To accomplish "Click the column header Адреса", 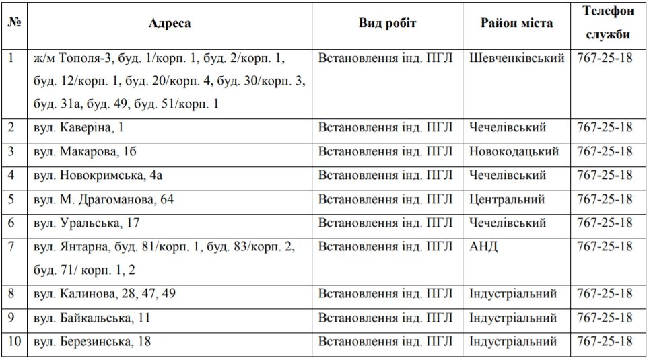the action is click(170, 23).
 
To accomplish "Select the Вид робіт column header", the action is click(387, 23).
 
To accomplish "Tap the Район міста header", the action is click(516, 23).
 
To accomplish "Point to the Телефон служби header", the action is click(608, 23).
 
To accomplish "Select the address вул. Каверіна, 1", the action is click(79, 128).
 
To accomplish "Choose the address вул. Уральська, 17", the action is click(86, 223).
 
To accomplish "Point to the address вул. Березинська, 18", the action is click(92, 342).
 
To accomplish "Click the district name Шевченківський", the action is click(516, 59).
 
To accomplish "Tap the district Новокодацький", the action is click(514, 151).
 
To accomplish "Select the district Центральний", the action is click(507, 200).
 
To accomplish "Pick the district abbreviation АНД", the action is click(483, 247).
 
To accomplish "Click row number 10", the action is click(15, 342).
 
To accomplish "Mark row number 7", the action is click(11, 247).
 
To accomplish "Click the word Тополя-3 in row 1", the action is click(86, 59).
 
